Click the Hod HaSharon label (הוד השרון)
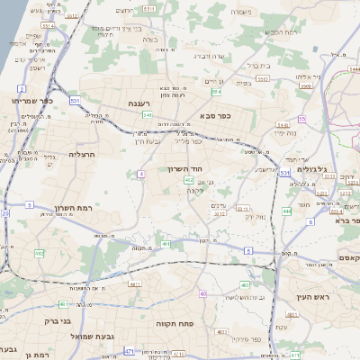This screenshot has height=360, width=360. pyautogui.click(x=188, y=168)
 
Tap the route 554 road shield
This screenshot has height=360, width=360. pyautogui.click(x=216, y=92)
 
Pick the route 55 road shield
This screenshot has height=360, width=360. pyautogui.click(x=302, y=119)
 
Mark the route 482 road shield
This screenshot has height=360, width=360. pyautogui.click(x=40, y=254)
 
